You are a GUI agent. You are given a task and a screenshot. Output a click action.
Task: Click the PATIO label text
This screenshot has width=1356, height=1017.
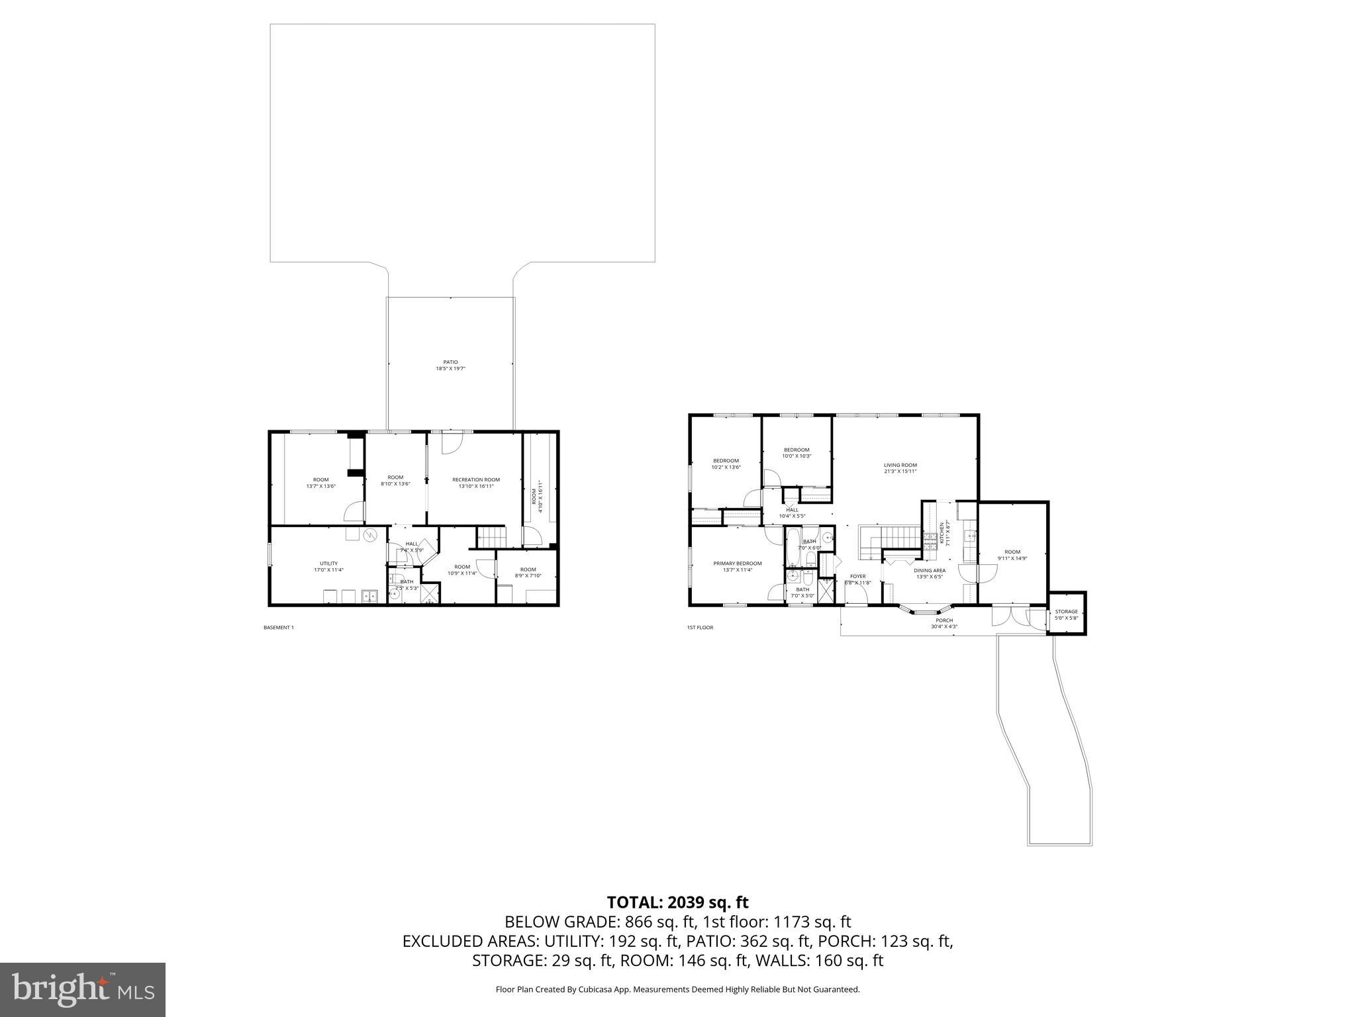click(x=450, y=362)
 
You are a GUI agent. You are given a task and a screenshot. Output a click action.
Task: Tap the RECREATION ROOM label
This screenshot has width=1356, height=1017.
click(x=476, y=479)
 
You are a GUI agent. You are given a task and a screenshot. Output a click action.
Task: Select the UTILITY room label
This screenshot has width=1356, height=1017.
click(x=328, y=563)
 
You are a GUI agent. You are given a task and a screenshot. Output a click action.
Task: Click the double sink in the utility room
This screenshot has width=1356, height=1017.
click(x=369, y=597)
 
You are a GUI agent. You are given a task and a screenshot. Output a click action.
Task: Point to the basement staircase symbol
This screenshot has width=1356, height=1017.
click(x=491, y=538)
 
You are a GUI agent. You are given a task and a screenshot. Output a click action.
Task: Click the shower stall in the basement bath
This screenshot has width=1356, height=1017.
click(x=430, y=593)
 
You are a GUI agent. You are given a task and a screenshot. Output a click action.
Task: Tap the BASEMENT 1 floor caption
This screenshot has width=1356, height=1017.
click(x=278, y=627)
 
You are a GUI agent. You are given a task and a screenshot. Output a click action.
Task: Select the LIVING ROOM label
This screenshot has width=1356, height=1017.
click(x=900, y=465)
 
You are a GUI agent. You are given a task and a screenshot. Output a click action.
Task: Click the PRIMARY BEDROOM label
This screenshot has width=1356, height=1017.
click(x=738, y=563)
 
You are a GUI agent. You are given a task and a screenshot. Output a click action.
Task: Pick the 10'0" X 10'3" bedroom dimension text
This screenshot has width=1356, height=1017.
click(x=797, y=456)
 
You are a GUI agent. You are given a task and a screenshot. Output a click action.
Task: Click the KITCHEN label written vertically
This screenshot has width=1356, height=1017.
click(x=942, y=534)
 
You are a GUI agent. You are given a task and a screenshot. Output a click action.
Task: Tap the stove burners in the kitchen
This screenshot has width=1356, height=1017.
click(x=932, y=536)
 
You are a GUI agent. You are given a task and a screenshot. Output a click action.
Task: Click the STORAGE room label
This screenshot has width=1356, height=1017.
click(x=1066, y=612)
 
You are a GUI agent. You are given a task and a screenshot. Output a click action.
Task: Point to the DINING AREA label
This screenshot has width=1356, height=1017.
click(x=930, y=570)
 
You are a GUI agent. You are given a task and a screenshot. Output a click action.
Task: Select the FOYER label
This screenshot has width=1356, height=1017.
click(x=858, y=576)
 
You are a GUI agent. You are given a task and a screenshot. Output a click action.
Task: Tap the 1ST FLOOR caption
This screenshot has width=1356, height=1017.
click(x=700, y=627)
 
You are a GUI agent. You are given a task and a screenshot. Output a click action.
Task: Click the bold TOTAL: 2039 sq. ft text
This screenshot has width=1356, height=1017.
click(x=677, y=902)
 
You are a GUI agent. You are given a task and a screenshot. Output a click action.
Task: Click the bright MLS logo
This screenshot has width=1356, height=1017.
click(x=83, y=989)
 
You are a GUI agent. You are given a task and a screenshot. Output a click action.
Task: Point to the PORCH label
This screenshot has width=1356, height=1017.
click(x=944, y=620)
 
